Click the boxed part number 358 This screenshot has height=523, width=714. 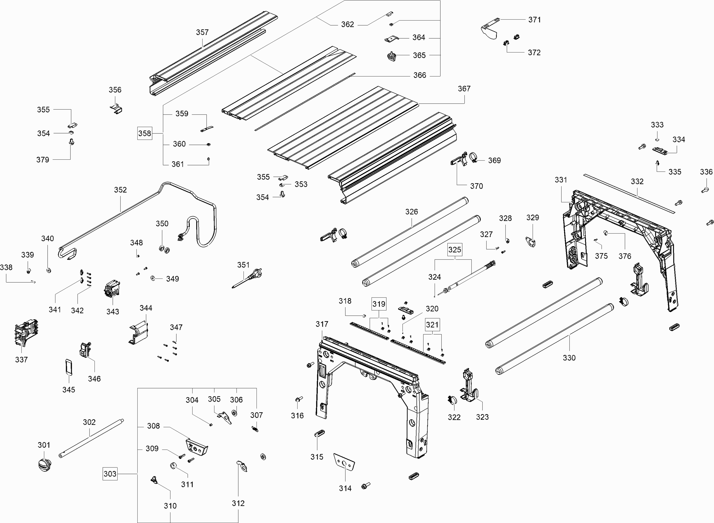144,133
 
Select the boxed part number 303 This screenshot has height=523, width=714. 110,474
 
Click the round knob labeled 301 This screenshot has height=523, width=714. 44,465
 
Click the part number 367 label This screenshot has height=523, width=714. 464,89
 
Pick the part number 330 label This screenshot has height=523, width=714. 569,358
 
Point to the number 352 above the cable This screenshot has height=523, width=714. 120,190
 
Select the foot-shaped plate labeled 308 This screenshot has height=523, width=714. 196,446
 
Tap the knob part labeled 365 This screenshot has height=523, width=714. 392,56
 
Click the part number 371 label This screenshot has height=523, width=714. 534,20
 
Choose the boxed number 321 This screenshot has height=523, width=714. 432,325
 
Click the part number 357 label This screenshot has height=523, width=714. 202,32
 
